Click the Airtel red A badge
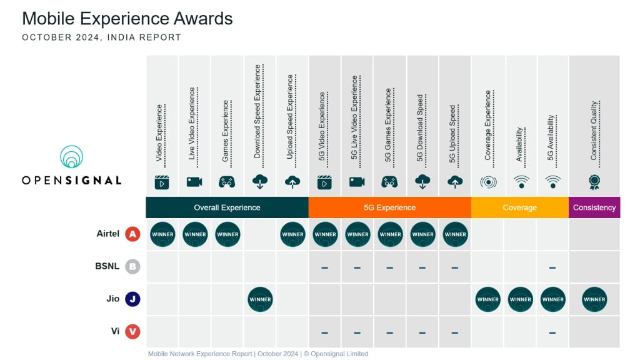pyautogui.click(x=132, y=234)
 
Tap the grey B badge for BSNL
pyautogui.click(x=132, y=267)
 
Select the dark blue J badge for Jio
pyautogui.click(x=132, y=299)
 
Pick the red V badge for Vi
pyautogui.click(x=132, y=332)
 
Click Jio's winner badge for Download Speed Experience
pyautogui.click(x=260, y=299)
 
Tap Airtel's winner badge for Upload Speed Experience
pyautogui.click(x=292, y=234)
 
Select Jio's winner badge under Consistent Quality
pyautogui.click(x=594, y=299)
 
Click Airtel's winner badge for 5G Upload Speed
pyautogui.click(x=455, y=234)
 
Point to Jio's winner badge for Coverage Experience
pyautogui.click(x=487, y=299)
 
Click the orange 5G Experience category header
pyautogui.click(x=389, y=207)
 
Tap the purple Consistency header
pyautogui.click(x=594, y=207)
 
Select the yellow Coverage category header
pyautogui.click(x=519, y=207)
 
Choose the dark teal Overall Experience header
pyautogui.click(x=227, y=207)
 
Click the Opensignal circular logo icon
pyautogui.click(x=72, y=157)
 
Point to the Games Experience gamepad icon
pyautogui.click(x=227, y=182)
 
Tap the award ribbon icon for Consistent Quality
pyautogui.click(x=594, y=182)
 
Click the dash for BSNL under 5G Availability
pyautogui.click(x=552, y=267)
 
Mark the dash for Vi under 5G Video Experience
pyautogui.click(x=325, y=332)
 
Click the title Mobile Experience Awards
pyautogui.click(x=127, y=18)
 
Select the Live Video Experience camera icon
pyautogui.click(x=194, y=182)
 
